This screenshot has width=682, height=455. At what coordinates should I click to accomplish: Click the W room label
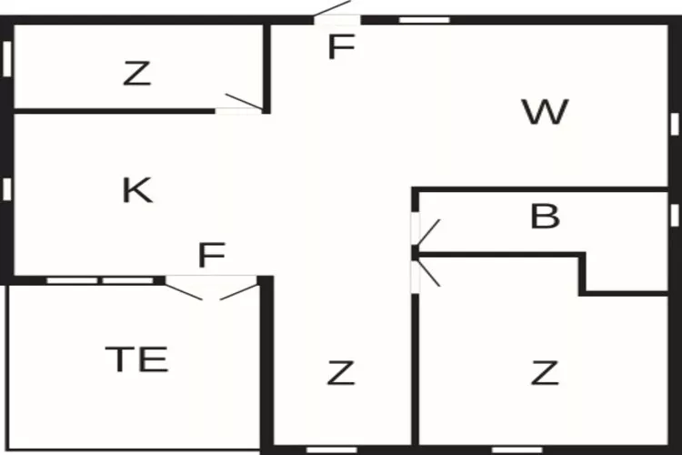pyautogui.click(x=546, y=113)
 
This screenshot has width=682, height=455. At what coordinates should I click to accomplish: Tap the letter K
pyautogui.click(x=136, y=190)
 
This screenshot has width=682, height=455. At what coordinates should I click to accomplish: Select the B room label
pyautogui.click(x=545, y=217)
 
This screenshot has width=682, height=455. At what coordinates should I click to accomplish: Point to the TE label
pyautogui.click(x=136, y=359)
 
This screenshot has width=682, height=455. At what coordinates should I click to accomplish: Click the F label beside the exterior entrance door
pyautogui.click(x=340, y=47)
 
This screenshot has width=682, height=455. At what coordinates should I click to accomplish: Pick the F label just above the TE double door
pyautogui.click(x=211, y=256)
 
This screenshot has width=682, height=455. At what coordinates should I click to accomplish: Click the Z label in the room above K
pyautogui.click(x=136, y=75)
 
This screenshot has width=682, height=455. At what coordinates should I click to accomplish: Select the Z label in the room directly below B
pyautogui.click(x=544, y=372)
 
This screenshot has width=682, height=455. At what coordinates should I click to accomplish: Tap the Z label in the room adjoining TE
pyautogui.click(x=340, y=372)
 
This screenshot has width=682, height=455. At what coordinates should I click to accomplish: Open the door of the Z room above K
pyautogui.click(x=242, y=103)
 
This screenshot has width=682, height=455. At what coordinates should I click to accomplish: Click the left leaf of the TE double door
pyautogui.click(x=186, y=288)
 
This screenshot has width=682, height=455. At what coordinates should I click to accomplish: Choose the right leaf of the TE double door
pyautogui.click(x=238, y=288)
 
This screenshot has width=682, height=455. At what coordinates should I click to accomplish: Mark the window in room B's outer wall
pyautogui.click(x=674, y=215)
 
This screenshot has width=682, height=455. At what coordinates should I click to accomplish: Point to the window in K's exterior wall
pyautogui.click(x=6, y=188)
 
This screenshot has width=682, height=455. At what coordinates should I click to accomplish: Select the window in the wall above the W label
pyautogui.click(x=425, y=19)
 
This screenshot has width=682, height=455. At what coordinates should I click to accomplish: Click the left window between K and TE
pyautogui.click(x=72, y=280)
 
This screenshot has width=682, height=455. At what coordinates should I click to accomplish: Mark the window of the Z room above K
pyautogui.click(x=6, y=58)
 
